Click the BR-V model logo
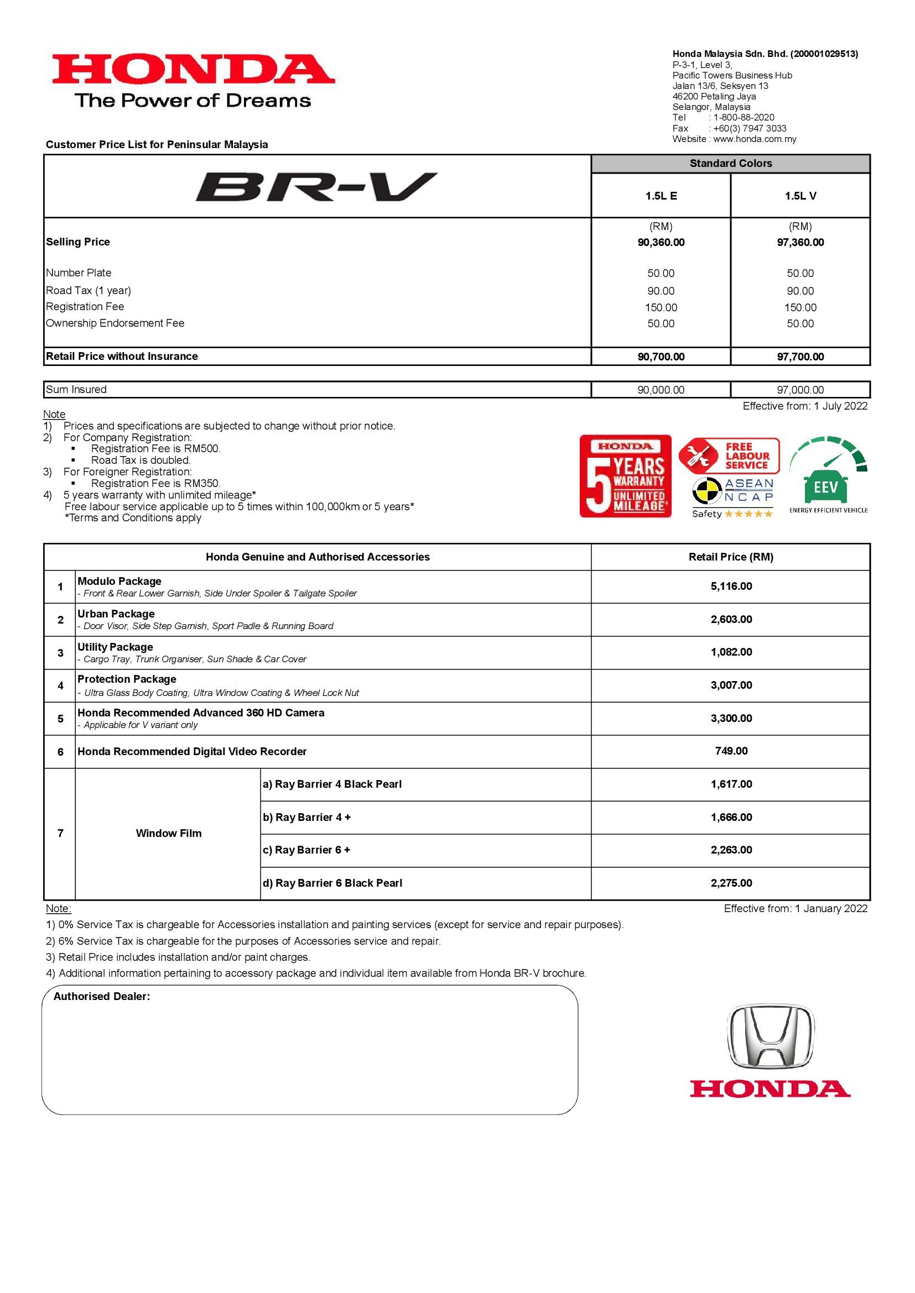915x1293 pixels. (316, 187)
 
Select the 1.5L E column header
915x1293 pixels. (661, 196)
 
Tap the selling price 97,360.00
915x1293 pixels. (800, 243)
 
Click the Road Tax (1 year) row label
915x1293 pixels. (89, 291)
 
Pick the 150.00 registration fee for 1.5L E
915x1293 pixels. (661, 307)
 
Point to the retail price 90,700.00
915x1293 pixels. (661, 357)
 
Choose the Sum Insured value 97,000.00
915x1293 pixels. (800, 390)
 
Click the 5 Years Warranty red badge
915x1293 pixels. (626, 476)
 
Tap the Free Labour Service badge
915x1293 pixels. (729, 456)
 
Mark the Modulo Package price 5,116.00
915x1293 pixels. (731, 586)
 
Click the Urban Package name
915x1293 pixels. (116, 614)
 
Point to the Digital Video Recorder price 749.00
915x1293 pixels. (731, 751)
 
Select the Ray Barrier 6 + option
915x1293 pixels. (306, 850)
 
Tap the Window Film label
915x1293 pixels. (169, 834)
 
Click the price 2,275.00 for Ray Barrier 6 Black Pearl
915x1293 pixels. (731, 883)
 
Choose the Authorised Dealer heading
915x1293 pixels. (102, 996)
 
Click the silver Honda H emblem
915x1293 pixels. (770, 1037)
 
